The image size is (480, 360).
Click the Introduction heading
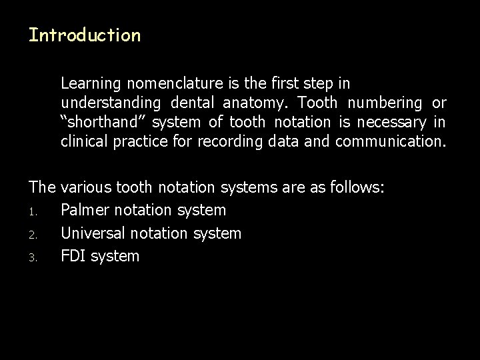click(x=85, y=35)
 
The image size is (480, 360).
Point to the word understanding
click(x=111, y=103)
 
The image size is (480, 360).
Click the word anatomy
click(x=256, y=103)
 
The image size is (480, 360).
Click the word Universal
click(x=93, y=233)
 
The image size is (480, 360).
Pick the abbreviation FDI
click(x=72, y=256)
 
